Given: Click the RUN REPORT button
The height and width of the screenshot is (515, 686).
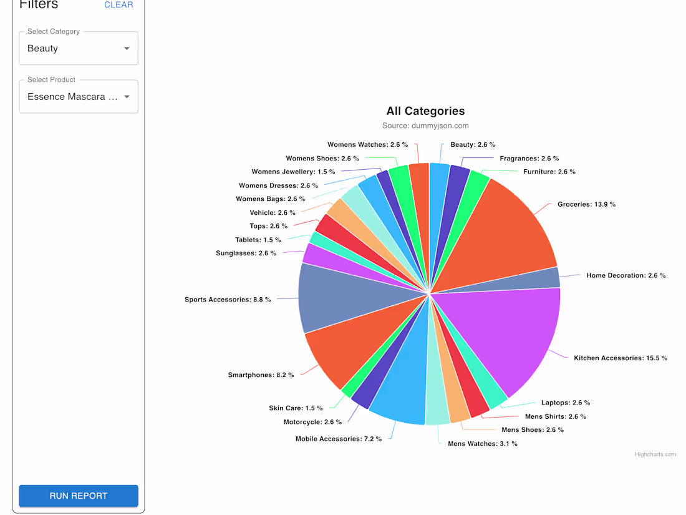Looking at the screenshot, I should [79, 496].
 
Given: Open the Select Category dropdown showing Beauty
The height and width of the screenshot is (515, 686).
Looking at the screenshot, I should [79, 49].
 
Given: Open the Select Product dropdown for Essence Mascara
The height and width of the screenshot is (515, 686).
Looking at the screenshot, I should [79, 97].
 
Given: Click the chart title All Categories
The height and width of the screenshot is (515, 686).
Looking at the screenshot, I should [425, 111].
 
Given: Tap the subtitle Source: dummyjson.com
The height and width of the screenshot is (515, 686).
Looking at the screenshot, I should [425, 125].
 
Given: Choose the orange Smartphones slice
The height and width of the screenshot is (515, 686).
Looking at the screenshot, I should [349, 350].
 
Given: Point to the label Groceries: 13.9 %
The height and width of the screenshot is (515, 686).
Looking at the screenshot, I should [586, 204].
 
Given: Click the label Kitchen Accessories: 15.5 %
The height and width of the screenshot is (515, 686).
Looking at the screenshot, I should [621, 358].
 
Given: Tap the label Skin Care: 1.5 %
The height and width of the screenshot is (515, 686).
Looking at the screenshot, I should [296, 408].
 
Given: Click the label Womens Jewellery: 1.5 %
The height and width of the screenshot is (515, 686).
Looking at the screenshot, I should [293, 172].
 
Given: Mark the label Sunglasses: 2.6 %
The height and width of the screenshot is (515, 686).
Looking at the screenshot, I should [246, 253].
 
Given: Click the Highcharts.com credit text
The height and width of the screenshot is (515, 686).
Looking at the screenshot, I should [655, 454].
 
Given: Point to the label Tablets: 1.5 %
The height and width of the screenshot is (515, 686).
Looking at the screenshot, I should [258, 240].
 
